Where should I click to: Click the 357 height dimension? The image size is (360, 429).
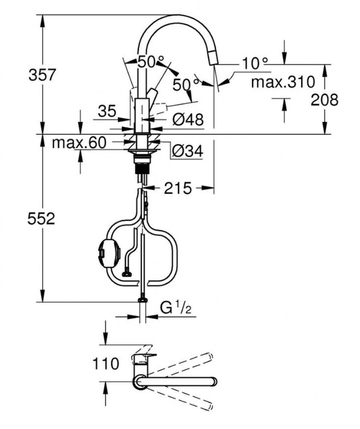(42, 75)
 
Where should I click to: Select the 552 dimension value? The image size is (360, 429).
(41, 219)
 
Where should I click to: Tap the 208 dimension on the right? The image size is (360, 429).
(324, 100)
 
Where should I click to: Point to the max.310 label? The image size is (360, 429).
(283, 82)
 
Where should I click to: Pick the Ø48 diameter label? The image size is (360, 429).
(188, 119)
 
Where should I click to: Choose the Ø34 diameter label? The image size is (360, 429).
(188, 150)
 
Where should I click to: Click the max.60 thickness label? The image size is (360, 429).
(79, 142)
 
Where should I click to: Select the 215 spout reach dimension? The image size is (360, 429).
(177, 188)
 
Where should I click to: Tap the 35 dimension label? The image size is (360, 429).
(107, 111)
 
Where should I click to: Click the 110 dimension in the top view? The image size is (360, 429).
(106, 364)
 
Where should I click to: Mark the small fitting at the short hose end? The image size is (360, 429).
(127, 274)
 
